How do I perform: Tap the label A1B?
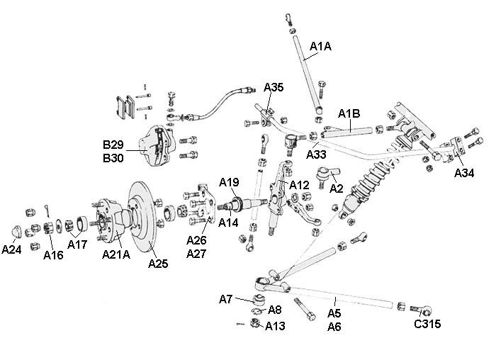point(349,113)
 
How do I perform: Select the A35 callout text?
point(274,89)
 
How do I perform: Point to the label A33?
point(317,154)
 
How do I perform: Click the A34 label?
point(464,172)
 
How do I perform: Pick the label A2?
point(337,189)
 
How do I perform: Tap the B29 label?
point(113,145)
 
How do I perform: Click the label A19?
point(229,183)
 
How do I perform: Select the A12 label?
point(300,185)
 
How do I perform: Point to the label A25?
point(159,264)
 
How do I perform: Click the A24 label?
point(13,249)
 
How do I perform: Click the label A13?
point(276,325)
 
